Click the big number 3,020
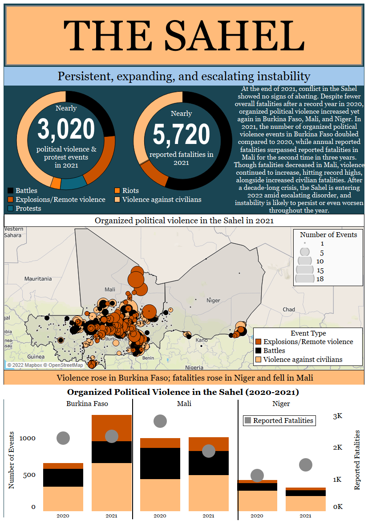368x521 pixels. (66, 129)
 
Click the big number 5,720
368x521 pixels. (182, 134)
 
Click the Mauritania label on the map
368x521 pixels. (38, 279)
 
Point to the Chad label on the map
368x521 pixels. (288, 309)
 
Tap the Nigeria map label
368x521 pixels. (194, 367)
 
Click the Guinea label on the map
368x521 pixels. (36, 357)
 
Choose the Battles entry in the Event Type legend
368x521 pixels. (274, 351)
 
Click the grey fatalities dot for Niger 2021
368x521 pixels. (306, 465)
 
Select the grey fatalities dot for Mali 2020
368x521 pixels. (160, 421)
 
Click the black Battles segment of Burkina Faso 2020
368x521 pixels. (63, 477)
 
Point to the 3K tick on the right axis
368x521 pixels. (338, 416)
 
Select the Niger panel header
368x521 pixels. (281, 404)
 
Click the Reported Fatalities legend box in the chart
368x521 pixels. (279, 420)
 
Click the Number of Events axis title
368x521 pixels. (12, 460)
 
